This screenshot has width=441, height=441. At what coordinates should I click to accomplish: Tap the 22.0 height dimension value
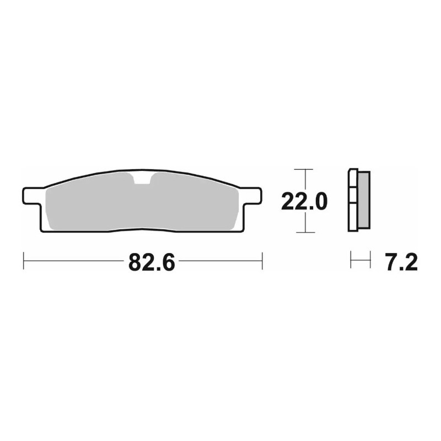[304, 202]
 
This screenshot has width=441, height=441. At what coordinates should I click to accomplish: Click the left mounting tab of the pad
[32, 196]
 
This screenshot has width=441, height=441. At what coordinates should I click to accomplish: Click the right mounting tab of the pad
[251, 196]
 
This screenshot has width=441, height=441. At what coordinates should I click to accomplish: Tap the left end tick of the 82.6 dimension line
[23, 261]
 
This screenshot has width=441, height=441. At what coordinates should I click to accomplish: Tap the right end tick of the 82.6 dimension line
[262, 261]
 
